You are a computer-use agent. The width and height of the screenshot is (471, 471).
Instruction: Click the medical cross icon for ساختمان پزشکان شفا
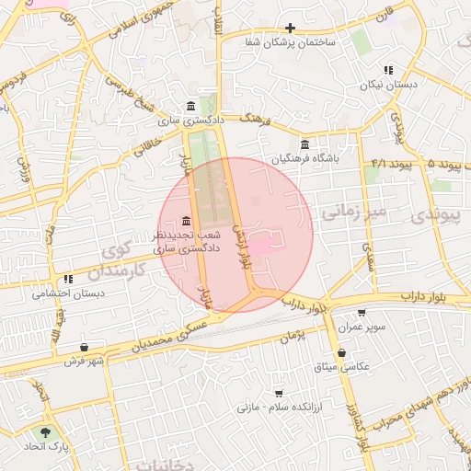point(291,28)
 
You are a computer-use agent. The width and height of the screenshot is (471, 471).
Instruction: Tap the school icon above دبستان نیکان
point(388,69)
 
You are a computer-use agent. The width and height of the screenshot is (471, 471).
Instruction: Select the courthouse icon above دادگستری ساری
point(190,106)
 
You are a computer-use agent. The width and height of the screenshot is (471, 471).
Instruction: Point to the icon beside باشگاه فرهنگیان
point(304,144)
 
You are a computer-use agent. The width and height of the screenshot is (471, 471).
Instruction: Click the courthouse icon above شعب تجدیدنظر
point(187,221)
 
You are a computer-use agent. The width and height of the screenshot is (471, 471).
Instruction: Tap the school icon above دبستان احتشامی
point(68,280)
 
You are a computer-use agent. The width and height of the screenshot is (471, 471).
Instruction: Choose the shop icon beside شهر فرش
point(85,347)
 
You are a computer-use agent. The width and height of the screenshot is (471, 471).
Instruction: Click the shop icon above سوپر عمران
point(360,313)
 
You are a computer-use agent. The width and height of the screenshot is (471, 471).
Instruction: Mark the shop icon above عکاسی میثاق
point(342,351)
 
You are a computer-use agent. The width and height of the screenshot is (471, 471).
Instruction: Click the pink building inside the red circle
point(262,245)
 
